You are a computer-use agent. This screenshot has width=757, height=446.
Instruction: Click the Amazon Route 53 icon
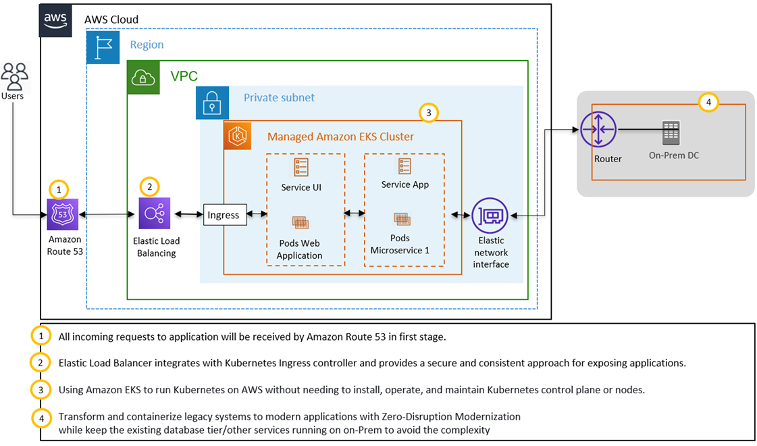(x=63, y=215)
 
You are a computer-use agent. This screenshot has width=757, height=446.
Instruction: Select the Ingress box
(x=224, y=215)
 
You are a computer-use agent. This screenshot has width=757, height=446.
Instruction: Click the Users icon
(x=14, y=76)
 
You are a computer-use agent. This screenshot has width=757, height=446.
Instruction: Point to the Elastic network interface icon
(x=490, y=215)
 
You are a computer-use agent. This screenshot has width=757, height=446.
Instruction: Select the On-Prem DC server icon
(x=671, y=132)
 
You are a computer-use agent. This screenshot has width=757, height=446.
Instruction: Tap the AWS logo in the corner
(x=56, y=20)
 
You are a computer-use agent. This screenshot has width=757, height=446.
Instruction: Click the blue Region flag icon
(x=103, y=47)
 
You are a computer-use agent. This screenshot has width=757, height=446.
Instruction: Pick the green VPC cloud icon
(x=143, y=78)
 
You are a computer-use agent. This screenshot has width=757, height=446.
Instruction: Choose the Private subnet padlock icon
(x=212, y=103)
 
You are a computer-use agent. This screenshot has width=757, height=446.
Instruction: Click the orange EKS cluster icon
(x=238, y=136)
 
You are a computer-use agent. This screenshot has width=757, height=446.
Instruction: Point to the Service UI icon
(x=301, y=168)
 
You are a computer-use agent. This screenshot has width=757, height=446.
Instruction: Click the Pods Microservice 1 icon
(x=401, y=219)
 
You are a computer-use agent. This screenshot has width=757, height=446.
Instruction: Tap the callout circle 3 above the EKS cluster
(x=428, y=113)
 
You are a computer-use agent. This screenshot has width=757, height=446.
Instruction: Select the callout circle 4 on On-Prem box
(x=708, y=103)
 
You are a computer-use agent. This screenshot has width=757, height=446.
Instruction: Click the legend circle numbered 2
(x=41, y=362)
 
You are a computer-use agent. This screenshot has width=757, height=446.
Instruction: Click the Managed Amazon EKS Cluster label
(x=340, y=137)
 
